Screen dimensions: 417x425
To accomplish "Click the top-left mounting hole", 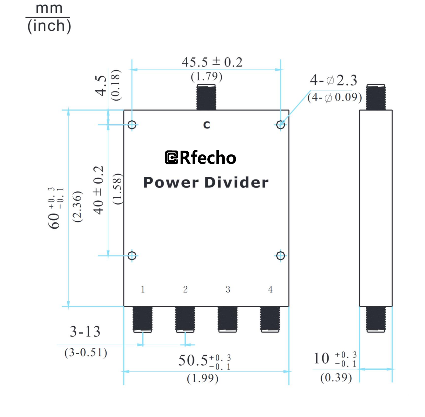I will point(132,125).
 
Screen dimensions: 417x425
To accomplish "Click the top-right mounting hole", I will point(281,125).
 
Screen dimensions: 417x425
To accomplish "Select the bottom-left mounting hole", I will point(132,256).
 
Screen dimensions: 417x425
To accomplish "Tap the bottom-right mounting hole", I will point(281,256).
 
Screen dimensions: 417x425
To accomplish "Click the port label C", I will point(206,125).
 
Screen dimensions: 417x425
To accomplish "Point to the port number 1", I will point(143,289).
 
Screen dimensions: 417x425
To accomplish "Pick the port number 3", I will point(228,289).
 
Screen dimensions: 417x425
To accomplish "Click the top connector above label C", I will point(206,97).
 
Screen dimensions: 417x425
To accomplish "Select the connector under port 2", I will point(185,319).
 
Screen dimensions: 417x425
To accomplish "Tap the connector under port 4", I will point(270,319).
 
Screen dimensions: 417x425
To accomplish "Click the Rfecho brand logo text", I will point(201,158).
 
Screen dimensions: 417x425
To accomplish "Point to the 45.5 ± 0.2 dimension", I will point(212,62).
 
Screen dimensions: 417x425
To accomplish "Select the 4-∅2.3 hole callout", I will point(334,81).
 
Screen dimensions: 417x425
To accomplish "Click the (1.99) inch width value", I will point(203,378).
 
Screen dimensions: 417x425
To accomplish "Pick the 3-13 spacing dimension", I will point(85,331).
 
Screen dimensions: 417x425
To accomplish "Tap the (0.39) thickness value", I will point(336,378).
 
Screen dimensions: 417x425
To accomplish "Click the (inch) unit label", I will point(49,26).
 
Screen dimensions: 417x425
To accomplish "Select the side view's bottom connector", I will point(376,319).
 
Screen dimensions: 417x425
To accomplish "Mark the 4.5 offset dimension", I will point(101,85).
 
